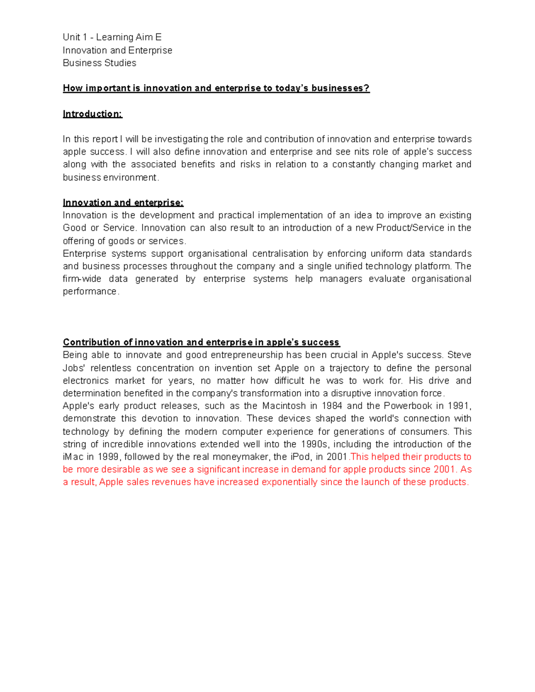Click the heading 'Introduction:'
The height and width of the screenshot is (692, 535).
(92, 114)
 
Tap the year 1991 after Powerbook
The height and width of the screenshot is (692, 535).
(459, 406)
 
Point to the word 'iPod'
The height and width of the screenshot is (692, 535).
(300, 457)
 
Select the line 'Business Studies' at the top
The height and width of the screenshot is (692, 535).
(99, 63)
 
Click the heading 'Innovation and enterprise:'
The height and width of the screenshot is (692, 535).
(123, 203)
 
